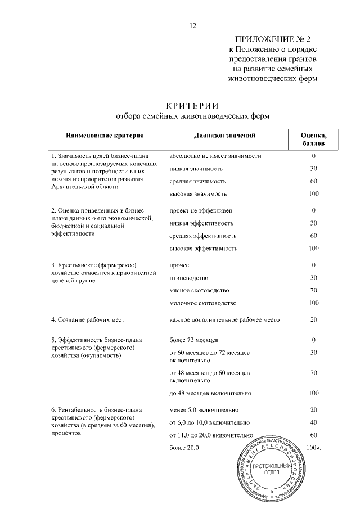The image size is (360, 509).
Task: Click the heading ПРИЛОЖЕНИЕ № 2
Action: pos(272,39)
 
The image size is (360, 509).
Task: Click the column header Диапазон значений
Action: pos(225,136)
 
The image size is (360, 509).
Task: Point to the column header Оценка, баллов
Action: pos(313,139)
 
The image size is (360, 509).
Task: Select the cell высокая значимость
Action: pos(198,194)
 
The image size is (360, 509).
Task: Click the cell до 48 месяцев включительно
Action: pos(210,393)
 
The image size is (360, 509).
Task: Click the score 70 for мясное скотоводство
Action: pos(313,290)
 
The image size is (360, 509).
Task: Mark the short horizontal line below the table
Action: pos(192,469)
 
